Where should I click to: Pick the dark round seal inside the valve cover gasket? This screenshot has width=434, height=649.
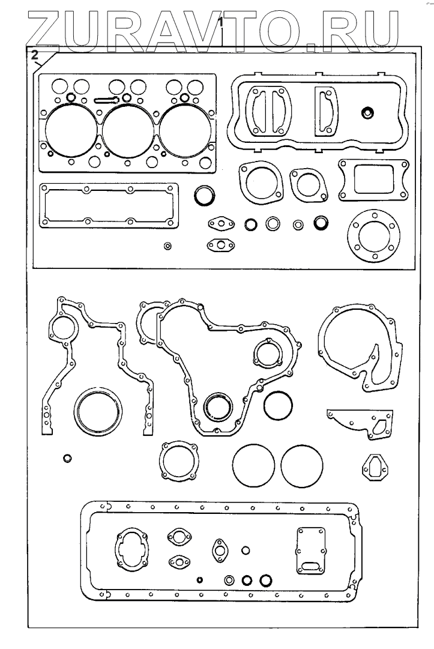pyautogui.click(x=367, y=112)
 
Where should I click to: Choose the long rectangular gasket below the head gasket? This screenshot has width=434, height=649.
pyautogui.click(x=109, y=206)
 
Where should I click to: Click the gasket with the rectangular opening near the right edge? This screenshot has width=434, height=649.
pyautogui.click(x=372, y=179)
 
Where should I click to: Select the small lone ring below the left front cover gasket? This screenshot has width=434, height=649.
pyautogui.click(x=68, y=459)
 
